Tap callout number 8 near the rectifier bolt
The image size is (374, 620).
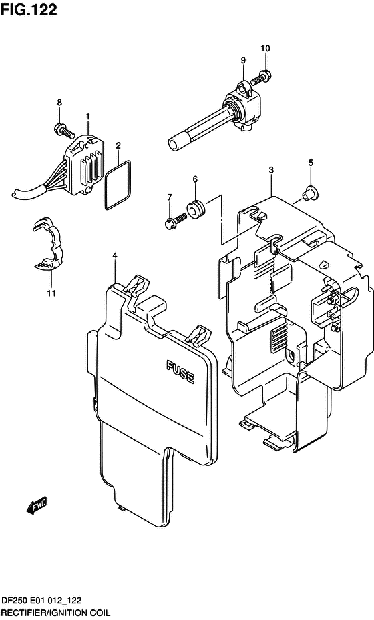point(59,103)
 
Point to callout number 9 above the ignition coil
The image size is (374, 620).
point(244,61)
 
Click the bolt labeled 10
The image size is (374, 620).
point(265,77)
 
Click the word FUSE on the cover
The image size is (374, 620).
point(180,371)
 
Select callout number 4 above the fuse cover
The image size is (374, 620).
point(115,255)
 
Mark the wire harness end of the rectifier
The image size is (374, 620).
point(23,193)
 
